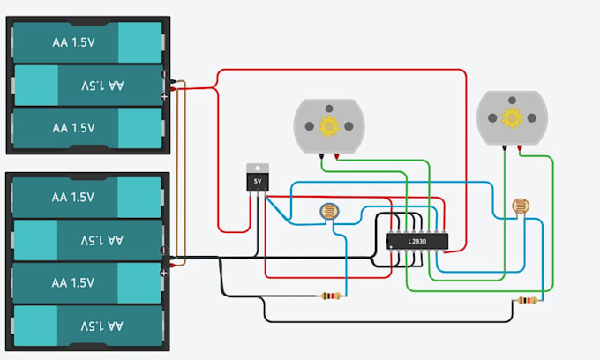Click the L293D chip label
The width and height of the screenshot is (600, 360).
(417, 242)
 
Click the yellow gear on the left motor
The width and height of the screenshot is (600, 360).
(329, 126)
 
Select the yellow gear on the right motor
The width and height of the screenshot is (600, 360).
(512, 118)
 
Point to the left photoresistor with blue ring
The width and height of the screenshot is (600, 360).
(329, 212)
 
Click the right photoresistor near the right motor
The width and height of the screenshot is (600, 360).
(521, 206)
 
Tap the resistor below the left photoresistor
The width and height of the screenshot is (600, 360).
(331, 296)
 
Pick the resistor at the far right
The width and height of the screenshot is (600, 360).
(528, 301)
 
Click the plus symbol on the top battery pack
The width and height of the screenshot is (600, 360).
(164, 96)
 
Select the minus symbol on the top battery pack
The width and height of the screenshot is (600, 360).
(164, 73)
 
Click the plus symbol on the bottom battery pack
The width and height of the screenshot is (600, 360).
(163, 273)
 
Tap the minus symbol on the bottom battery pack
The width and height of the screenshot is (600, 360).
(163, 251)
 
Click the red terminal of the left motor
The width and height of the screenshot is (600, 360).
(336, 156)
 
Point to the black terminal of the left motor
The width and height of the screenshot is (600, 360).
(321, 156)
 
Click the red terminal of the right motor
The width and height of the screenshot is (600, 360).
(520, 148)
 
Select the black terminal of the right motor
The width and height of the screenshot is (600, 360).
(505, 148)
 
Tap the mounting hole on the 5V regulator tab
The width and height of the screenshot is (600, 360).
(258, 168)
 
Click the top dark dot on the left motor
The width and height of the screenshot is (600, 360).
(329, 109)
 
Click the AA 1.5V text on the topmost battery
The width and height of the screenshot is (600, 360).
(73, 42)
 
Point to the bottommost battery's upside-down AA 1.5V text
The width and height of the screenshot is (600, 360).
(102, 326)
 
